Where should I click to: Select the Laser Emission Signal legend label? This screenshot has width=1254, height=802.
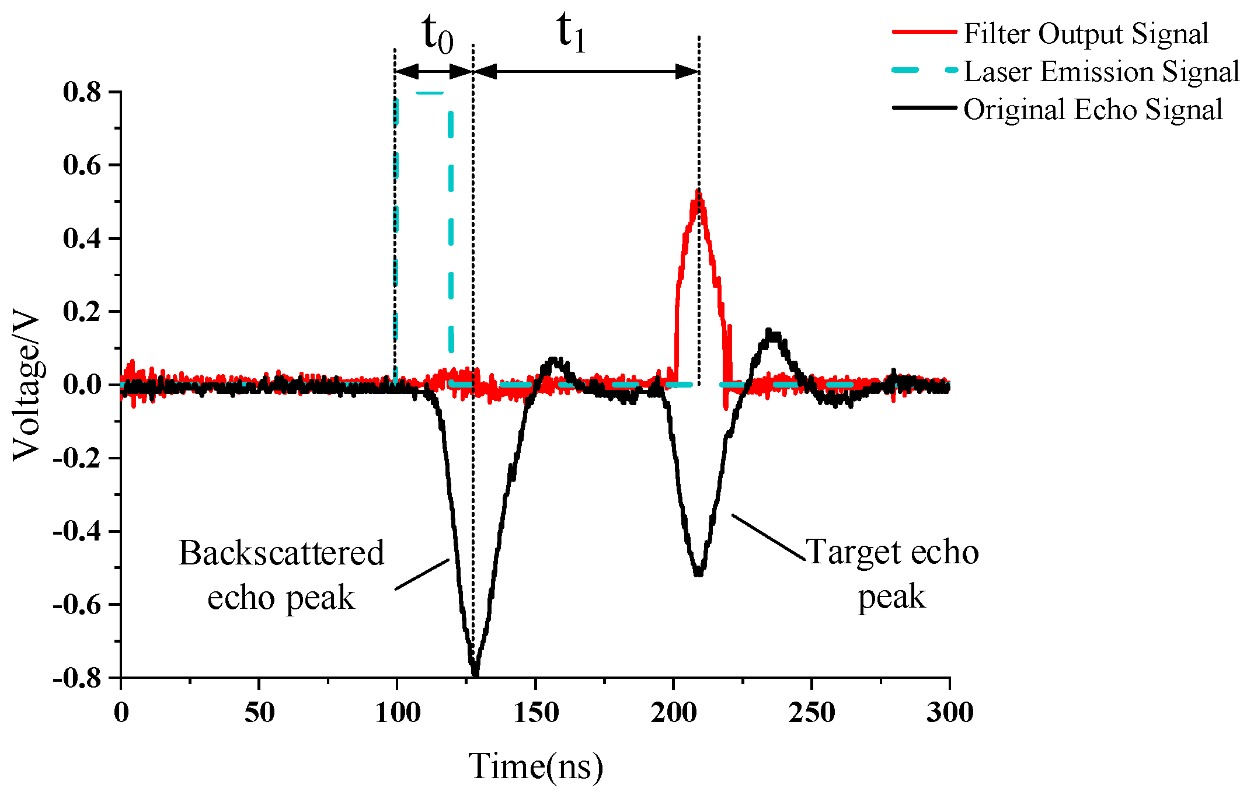tap(1101, 72)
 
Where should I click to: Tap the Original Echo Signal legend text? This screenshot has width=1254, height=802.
tap(1092, 110)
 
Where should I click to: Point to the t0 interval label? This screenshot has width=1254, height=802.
tap(437, 34)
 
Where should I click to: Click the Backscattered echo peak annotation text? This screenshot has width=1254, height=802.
tap(281, 574)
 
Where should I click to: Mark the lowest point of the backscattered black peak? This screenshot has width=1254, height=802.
tap(475, 671)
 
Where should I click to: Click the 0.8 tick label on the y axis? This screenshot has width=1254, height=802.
tap(82, 92)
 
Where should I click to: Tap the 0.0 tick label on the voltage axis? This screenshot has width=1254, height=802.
tap(82, 384)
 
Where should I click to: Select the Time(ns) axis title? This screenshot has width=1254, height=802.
tap(535, 766)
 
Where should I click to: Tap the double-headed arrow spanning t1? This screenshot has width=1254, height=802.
tap(586, 72)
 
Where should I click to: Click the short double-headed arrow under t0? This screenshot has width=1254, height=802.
tap(434, 72)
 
